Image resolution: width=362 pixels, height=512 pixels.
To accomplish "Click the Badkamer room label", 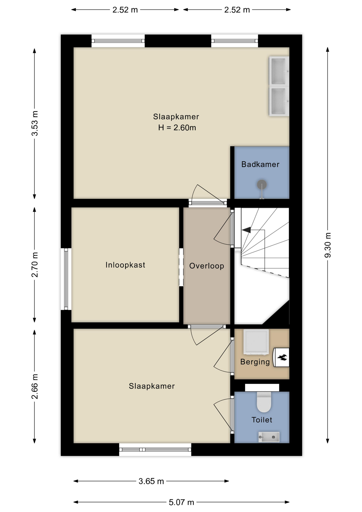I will click(260, 164).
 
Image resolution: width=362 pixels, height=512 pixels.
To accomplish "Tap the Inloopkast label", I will click(125, 265).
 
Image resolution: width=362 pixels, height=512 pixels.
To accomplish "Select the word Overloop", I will click(207, 266).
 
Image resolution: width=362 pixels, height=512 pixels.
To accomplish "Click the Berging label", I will click(255, 362).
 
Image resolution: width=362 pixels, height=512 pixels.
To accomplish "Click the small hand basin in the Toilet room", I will click(269, 437).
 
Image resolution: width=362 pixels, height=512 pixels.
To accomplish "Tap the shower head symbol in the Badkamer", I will click(262, 185).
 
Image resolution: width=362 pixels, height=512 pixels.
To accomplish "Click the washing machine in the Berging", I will click(256, 342).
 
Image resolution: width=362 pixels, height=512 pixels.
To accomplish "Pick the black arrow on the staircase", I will click(246, 230).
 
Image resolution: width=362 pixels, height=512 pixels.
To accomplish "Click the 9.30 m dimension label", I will click(328, 245).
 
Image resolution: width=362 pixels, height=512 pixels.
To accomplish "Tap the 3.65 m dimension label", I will click(151, 481).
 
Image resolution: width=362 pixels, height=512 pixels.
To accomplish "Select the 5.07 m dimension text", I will click(181, 502).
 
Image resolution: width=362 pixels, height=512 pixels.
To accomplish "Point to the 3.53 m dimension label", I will click(35, 123).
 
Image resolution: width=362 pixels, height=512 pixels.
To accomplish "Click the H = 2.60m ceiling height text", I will click(177, 128).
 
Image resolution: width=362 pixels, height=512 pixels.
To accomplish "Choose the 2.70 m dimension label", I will click(35, 265).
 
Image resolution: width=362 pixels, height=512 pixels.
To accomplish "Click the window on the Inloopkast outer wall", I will click(66, 279).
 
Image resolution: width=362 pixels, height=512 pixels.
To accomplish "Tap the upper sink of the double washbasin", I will click(278, 71).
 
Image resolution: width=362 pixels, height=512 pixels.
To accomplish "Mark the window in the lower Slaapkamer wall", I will click(155, 450).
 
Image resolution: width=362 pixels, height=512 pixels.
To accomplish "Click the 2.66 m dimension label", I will click(35, 386).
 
